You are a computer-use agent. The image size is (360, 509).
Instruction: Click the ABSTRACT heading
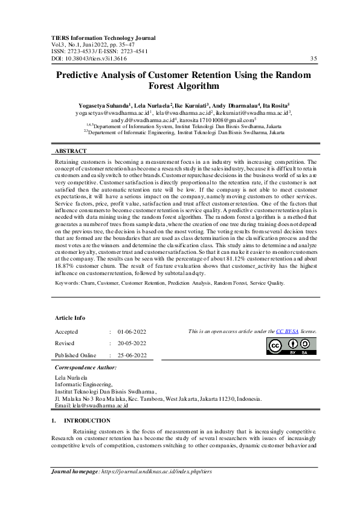[71, 151]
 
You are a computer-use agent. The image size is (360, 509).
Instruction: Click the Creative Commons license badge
[291, 346]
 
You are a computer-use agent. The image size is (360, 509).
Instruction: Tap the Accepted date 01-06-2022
[137, 332]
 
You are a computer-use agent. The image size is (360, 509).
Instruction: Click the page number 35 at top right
[313, 59]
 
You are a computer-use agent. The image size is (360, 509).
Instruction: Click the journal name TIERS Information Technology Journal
[103, 37]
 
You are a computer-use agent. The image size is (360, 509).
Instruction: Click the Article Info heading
[70, 317]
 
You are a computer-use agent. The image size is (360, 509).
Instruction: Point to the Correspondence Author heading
[86, 367]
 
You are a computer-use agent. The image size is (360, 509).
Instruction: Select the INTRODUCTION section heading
[87, 420]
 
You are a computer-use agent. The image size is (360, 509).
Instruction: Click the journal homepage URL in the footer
[157, 470]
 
